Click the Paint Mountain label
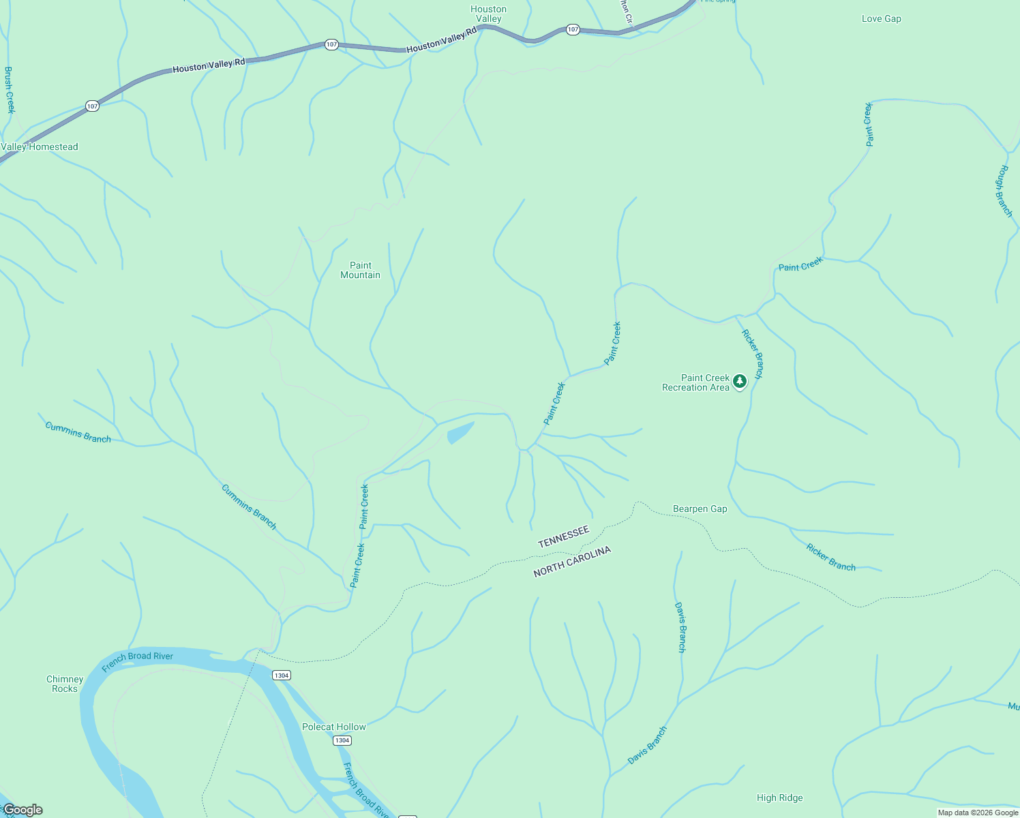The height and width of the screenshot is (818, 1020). click(x=360, y=270)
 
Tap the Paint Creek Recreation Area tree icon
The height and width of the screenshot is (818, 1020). click(x=740, y=382)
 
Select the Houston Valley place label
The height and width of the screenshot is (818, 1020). click(x=488, y=14)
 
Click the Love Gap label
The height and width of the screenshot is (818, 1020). click(x=881, y=18)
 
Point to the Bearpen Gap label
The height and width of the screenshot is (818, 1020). click(x=700, y=509)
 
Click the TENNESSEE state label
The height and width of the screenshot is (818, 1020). click(x=563, y=536)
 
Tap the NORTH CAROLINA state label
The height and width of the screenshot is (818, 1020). click(x=571, y=562)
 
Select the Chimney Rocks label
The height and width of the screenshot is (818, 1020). click(x=65, y=684)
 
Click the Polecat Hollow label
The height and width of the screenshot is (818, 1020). click(x=334, y=727)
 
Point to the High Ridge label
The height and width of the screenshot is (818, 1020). click(x=779, y=798)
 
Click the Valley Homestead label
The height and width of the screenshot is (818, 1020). click(x=40, y=147)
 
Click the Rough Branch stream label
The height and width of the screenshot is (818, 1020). click(x=1004, y=191)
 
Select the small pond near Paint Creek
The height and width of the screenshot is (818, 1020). click(x=460, y=432)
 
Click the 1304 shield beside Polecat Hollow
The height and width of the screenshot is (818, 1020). click(x=342, y=740)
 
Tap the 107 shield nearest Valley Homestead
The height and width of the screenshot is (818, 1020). click(x=93, y=106)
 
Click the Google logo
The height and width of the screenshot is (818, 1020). click(x=22, y=810)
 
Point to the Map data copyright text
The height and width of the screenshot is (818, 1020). click(x=978, y=813)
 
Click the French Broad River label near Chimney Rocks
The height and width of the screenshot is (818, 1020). click(x=137, y=661)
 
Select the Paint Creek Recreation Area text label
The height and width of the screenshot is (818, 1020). click(x=695, y=382)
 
